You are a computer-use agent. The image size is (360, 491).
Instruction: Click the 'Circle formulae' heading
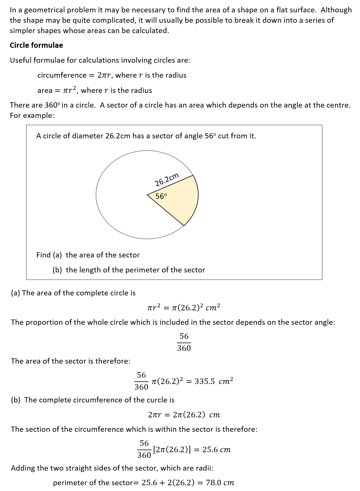36,45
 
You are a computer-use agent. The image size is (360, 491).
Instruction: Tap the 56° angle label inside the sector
161,196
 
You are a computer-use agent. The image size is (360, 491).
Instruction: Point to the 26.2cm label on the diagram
167,180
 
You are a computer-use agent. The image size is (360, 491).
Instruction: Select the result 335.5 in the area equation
205,381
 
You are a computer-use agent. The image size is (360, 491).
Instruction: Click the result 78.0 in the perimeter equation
214,482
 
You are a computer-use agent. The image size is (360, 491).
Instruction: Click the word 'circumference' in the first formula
62,75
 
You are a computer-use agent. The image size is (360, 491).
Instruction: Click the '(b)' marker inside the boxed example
57,270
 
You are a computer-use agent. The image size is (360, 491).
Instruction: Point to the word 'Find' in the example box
43,255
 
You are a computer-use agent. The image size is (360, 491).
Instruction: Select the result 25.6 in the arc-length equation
210,450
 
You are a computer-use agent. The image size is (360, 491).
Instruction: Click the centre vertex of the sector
147,194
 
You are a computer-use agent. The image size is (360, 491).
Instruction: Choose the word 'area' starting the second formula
45,91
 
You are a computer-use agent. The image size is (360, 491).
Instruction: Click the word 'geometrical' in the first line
43,10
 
